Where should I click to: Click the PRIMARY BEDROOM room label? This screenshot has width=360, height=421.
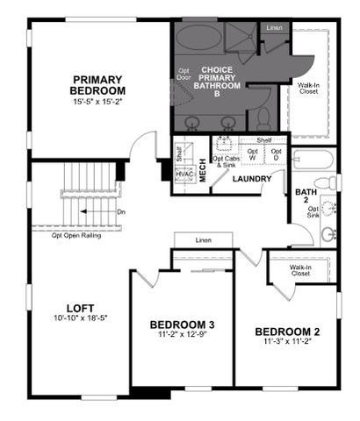pos(98,84)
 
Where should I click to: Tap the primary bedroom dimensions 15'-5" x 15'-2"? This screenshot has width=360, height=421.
pos(98,101)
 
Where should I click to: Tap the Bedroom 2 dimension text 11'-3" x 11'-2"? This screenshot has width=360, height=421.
pos(285,344)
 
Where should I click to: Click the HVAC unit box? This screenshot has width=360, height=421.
pos(184,174)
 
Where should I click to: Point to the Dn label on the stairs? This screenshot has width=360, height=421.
pos(122,212)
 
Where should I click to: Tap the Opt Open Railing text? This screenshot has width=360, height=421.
pos(77,235)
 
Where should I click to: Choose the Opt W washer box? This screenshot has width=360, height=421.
pos(252,156)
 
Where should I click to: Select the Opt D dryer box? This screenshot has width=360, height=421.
pos(276,156)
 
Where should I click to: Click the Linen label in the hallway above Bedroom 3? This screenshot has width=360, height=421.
pos(205,240)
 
